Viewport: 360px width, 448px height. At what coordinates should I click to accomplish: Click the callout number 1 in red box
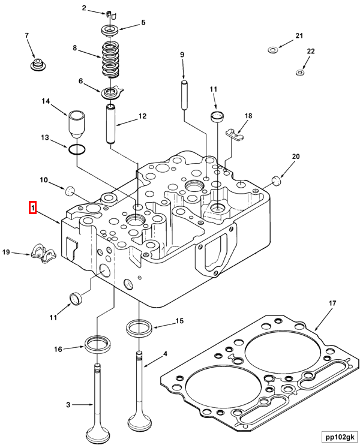pos(34,208)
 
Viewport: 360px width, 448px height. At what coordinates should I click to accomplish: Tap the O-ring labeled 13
pos(77,149)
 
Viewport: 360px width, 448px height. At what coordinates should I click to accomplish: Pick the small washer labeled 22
pos(299,73)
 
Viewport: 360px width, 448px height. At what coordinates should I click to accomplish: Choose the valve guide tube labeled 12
pos(111,124)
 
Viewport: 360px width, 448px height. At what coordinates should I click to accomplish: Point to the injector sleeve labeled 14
pos(76,123)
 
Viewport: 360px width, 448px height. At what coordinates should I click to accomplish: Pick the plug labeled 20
pos(276,179)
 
